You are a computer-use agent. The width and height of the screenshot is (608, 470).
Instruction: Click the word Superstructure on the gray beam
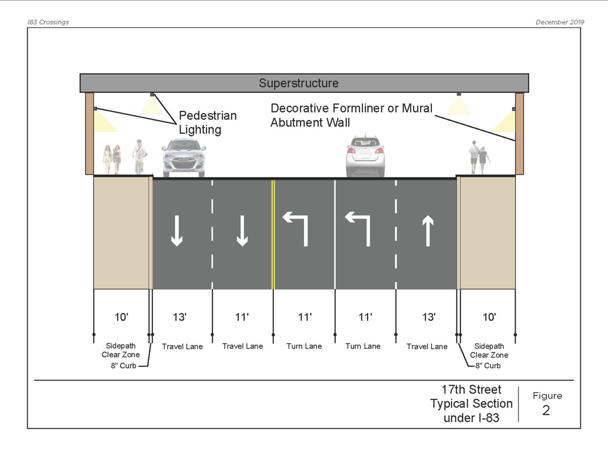298,83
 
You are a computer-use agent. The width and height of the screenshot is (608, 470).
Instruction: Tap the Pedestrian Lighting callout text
207,122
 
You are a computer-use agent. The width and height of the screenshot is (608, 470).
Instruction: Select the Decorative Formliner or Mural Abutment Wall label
351,115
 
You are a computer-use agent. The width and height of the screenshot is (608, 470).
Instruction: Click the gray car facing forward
184,158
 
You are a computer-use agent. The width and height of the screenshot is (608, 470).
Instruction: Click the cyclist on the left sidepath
139,156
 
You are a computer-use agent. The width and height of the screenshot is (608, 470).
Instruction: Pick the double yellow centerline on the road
273,234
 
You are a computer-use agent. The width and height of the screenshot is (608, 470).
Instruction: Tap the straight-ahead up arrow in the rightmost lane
428,231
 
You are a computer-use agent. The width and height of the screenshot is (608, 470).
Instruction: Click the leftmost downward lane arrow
177,231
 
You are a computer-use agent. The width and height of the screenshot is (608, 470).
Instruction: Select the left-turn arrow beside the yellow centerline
296,229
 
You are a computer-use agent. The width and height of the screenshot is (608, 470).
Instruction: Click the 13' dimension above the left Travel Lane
180,317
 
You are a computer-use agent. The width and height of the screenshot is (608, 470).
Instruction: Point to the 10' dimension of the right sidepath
489,317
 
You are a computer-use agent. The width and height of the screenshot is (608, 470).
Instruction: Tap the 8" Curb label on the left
123,366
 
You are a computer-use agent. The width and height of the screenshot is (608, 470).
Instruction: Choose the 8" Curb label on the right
488,366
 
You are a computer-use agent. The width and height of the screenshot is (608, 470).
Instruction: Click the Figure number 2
546,410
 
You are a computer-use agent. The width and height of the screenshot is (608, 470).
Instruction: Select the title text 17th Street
471,390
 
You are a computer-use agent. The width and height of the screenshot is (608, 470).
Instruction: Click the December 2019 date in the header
560,22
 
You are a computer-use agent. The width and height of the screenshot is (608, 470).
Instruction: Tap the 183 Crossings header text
48,22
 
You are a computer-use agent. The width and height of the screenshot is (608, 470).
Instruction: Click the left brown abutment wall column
89,133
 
